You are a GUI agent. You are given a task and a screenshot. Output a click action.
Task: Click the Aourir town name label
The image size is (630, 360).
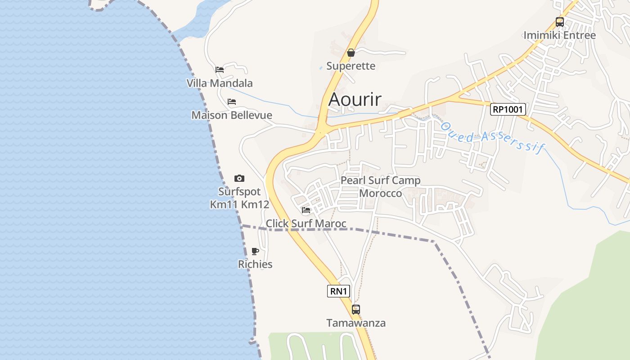(x=355, y=99)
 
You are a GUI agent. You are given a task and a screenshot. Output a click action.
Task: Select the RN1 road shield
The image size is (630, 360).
(x=338, y=291)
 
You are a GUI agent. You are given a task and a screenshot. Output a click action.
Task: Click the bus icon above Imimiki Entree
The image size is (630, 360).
(x=559, y=22)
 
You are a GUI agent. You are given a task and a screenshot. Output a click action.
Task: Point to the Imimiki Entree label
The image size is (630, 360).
(x=559, y=35)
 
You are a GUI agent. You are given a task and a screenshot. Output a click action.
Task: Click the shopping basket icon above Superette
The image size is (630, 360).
(x=351, y=53)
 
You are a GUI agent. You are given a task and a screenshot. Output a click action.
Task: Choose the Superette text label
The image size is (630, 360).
(x=351, y=66)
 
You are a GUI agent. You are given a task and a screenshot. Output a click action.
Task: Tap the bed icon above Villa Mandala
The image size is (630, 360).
(x=220, y=70)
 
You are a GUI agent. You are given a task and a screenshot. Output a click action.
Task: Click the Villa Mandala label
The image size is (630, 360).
(x=220, y=83)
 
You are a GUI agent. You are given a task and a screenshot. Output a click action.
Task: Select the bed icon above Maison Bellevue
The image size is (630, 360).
(x=232, y=102)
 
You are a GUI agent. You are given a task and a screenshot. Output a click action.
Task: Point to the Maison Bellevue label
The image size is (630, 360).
(x=232, y=115)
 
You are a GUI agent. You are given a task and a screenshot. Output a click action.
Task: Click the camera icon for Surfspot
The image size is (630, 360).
(x=239, y=179)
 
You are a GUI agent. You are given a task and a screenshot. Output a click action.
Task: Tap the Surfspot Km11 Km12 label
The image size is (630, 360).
(x=239, y=198)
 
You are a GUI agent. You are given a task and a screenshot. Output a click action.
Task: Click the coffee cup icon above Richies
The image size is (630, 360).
(x=255, y=251)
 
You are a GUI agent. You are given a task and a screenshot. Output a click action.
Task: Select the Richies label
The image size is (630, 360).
(x=255, y=264)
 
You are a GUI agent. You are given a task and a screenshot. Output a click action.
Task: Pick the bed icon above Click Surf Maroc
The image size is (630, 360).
(x=306, y=210)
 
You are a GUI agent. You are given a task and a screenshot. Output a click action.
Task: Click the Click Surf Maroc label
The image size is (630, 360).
(x=306, y=223)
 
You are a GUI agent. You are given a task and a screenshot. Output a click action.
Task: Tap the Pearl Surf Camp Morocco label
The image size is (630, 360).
(x=381, y=187)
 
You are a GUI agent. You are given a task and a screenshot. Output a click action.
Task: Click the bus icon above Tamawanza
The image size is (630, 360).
(x=356, y=310)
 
